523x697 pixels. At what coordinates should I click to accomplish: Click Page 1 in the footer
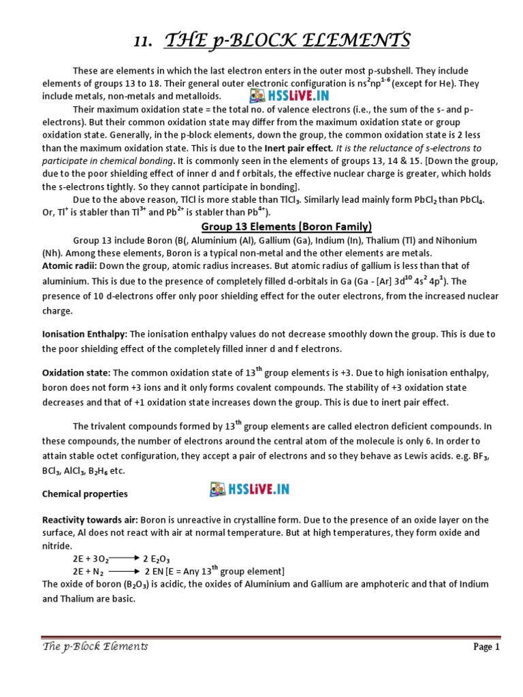(487, 647)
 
